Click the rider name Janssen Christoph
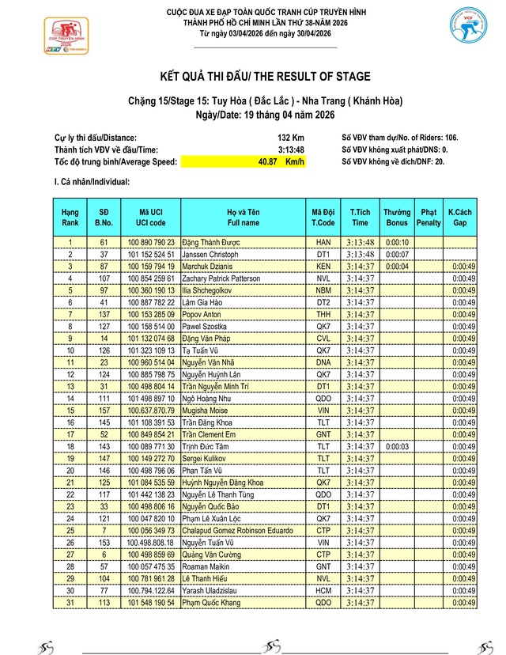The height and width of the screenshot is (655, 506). (x=210, y=255)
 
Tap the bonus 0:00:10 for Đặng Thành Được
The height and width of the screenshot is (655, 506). (x=397, y=243)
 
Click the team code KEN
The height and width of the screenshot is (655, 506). (x=323, y=267)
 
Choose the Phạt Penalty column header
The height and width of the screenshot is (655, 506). (x=429, y=218)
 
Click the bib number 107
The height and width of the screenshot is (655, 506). (x=104, y=278)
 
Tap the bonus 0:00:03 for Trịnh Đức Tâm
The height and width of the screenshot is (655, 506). (x=397, y=446)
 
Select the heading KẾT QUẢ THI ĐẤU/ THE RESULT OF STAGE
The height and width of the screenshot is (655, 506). (x=253, y=77)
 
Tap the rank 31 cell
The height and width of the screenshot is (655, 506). (x=70, y=602)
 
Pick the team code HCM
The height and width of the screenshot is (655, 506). (x=323, y=590)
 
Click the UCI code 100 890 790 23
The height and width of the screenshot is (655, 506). (x=151, y=243)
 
